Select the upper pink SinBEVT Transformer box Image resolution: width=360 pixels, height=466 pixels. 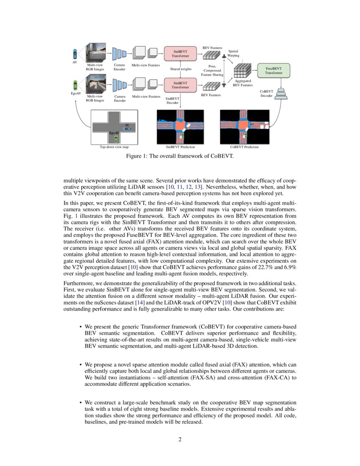point(180,53)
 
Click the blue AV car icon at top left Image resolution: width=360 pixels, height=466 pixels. point(75,54)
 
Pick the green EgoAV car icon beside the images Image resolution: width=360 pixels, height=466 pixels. point(75,84)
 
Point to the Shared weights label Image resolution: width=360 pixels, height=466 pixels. point(181,69)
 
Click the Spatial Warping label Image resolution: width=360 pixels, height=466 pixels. point(233,53)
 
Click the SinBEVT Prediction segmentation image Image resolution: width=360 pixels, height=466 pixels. point(180,127)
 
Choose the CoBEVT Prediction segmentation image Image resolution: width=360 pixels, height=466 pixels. point(244,127)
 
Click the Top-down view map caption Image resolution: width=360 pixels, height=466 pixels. point(114,147)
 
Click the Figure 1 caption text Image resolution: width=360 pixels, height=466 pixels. point(180,156)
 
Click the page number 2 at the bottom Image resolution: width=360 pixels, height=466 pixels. point(180,439)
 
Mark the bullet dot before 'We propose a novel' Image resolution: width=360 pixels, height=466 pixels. point(80,364)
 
